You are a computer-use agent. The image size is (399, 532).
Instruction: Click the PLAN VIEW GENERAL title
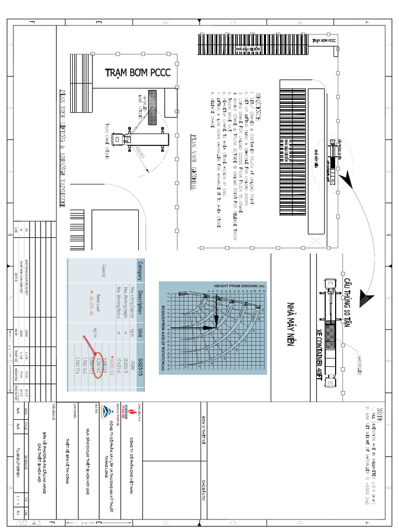pyautogui.click(x=193, y=156)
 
